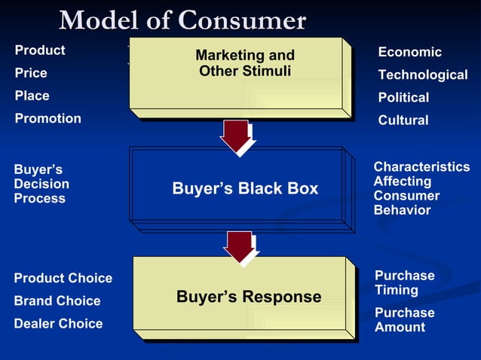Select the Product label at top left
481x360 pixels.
pyautogui.click(x=40, y=50)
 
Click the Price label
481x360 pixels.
pyautogui.click(x=31, y=73)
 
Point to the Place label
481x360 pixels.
pyautogui.click(x=32, y=96)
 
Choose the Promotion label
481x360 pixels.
pyautogui.click(x=48, y=118)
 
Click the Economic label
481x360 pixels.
pyautogui.click(x=409, y=52)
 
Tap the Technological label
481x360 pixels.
pyautogui.click(x=422, y=75)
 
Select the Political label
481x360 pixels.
pyautogui.click(x=403, y=97)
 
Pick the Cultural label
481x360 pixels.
pyautogui.click(x=403, y=120)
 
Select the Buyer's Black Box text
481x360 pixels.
pyautogui.click(x=245, y=188)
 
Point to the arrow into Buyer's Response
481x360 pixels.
pyautogui.click(x=240, y=246)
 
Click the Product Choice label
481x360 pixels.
pyautogui.click(x=63, y=278)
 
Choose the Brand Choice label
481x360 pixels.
pyautogui.click(x=57, y=301)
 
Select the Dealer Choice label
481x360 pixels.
pyautogui.click(x=58, y=323)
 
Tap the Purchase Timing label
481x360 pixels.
pyautogui.click(x=404, y=282)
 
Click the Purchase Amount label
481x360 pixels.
pyautogui.click(x=404, y=319)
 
